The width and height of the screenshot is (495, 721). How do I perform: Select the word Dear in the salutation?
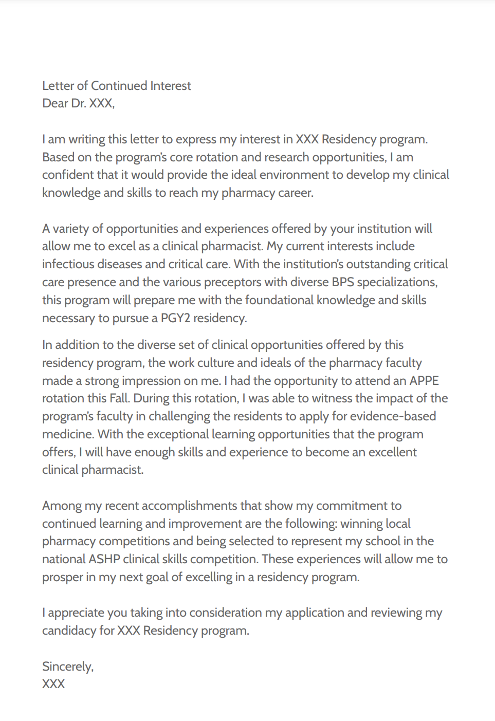click(55, 103)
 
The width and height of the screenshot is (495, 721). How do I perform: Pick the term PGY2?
click(175, 318)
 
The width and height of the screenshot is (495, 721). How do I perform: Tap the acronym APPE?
click(424, 381)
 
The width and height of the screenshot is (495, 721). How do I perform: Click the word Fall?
click(119, 398)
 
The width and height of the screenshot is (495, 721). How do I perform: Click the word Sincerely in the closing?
click(67, 667)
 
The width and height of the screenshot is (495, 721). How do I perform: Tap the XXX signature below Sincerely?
click(53, 684)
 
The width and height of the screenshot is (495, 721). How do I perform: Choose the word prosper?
click(62, 577)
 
